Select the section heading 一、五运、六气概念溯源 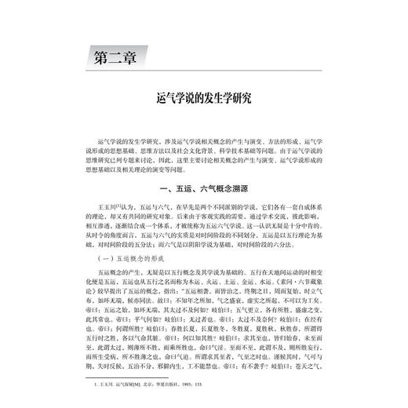point(203,188)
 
